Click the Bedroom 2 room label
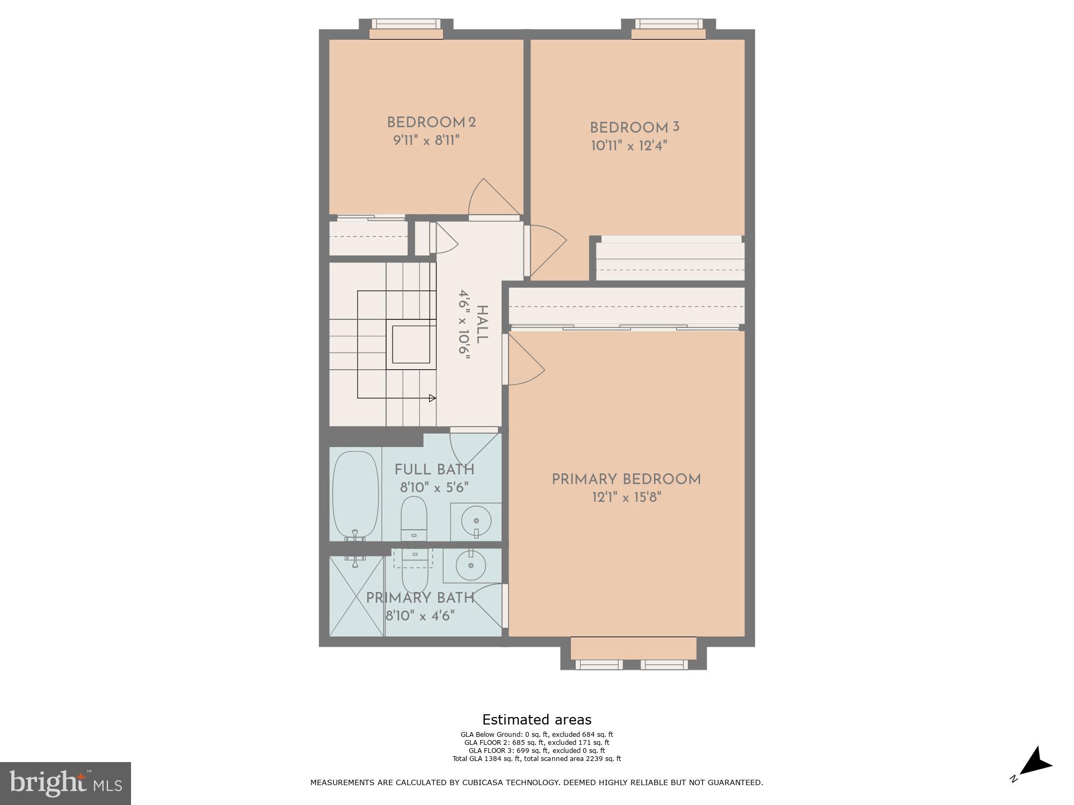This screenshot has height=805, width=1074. point(431,122)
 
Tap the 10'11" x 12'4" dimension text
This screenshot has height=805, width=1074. point(629,146)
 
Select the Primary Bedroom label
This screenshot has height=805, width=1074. point(626,479)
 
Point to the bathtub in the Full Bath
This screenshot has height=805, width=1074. point(355,495)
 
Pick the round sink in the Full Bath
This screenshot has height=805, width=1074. point(476,521)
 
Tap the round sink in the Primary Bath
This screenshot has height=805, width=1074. point(470,566)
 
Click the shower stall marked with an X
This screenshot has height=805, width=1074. point(356,596)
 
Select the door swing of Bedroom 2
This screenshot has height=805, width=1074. point(491,197)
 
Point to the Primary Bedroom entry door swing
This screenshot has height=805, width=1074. point(525,360)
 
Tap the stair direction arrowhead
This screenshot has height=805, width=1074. point(432,398)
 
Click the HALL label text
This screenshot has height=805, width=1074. point(482,324)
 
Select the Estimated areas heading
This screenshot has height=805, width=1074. point(536,720)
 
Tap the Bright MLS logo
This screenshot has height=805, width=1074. point(65,783)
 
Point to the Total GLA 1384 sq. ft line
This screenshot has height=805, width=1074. point(536,758)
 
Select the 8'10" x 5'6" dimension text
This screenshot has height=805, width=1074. point(434,488)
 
